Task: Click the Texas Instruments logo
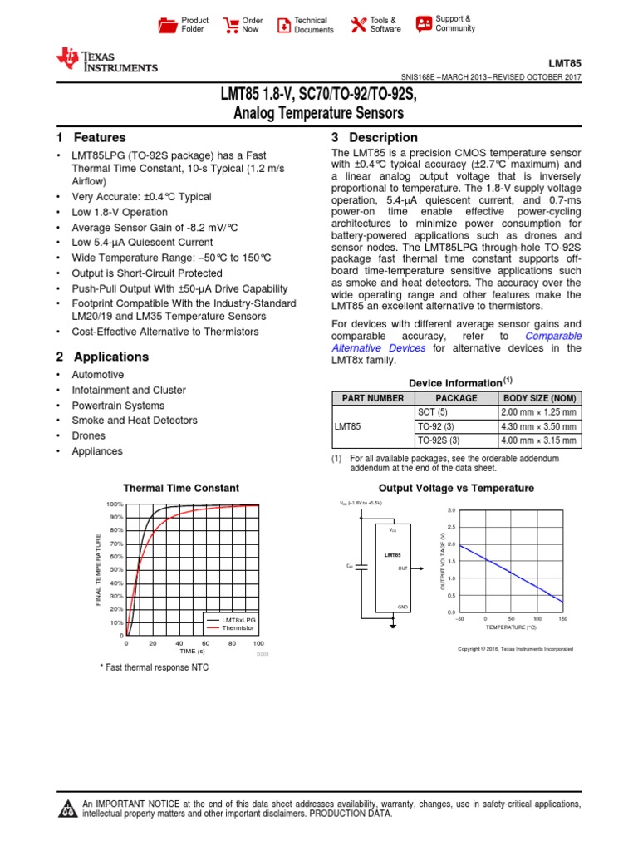[106, 60]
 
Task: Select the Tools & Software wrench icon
[358, 25]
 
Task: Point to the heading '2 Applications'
[103, 357]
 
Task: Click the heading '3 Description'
[374, 138]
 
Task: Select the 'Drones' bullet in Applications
[88, 435]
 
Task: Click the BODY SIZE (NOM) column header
[539, 398]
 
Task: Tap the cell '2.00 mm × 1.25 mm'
[538, 412]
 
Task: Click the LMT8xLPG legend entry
[240, 620]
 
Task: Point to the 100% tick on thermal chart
[114, 504]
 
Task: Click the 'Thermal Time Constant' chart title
[181, 489]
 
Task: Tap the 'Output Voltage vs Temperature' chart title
[456, 489]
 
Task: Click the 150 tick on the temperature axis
[562, 619]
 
